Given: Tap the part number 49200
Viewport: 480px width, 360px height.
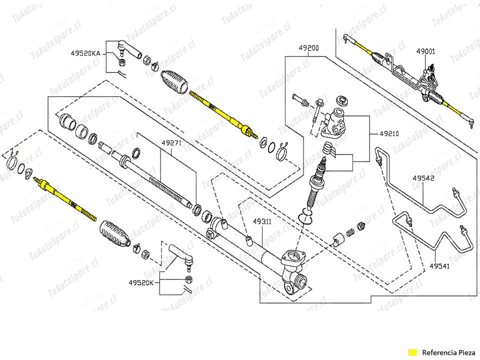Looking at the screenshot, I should coord(308,48).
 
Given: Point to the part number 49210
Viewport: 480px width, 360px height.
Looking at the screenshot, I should coord(389,134).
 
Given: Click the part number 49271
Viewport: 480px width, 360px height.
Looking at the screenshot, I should coord(170,142).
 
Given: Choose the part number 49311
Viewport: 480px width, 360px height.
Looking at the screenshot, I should coord(261,220).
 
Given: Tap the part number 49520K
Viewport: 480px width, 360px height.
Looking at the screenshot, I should coord(141,282).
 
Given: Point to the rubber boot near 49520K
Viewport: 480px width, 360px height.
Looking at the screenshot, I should coord(114,233).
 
